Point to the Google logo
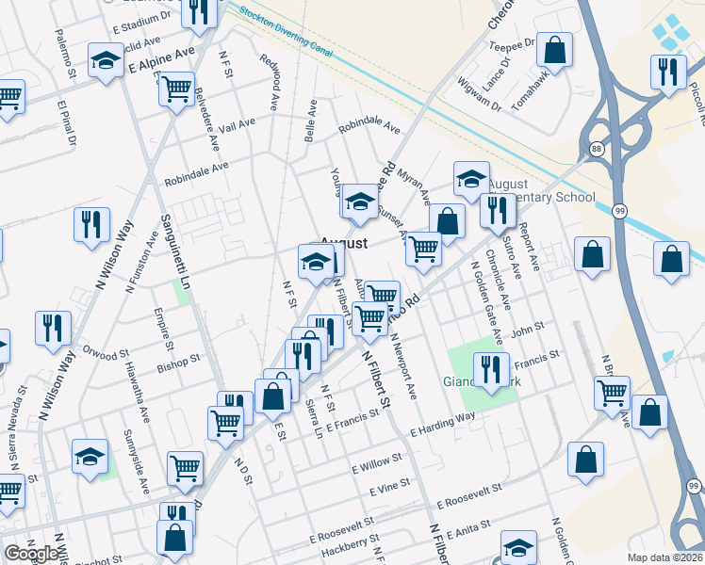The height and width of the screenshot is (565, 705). coord(30,554)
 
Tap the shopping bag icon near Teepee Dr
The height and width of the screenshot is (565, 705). coord(555,48)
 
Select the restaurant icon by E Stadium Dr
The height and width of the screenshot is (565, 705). coord(199,11)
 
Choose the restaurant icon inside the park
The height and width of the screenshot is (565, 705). coord(490,368)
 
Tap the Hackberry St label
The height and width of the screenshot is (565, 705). coord(345,553)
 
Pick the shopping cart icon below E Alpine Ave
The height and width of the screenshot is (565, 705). coord(176,89)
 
